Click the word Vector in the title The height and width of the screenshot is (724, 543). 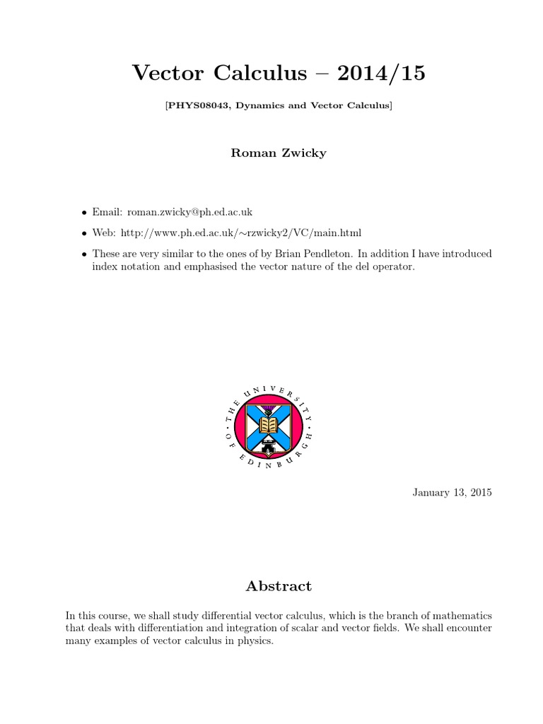(167, 73)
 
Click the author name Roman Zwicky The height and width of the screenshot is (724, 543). (279, 153)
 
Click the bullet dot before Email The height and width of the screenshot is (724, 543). (85, 212)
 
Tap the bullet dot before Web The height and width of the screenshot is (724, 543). (85, 233)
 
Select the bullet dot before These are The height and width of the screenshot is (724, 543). (85, 253)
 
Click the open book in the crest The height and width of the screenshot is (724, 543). (268, 424)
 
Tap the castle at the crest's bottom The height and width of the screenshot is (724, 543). (268, 447)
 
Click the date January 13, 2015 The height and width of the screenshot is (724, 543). (452, 492)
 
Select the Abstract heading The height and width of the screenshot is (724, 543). (278, 586)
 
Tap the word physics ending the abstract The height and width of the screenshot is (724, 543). (255, 641)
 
